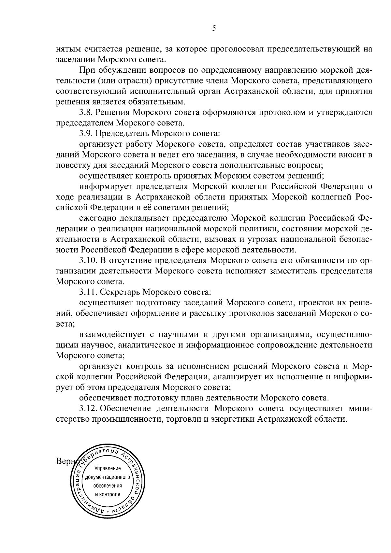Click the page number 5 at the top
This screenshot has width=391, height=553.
coord(214,28)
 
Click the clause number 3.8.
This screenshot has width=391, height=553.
coord(86,113)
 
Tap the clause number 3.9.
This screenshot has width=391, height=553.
coord(86,134)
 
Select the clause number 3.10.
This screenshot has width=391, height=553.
coord(88,260)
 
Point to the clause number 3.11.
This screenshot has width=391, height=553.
coord(88,292)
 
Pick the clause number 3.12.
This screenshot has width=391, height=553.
coord(88,408)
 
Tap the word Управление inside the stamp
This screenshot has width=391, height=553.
coord(108,469)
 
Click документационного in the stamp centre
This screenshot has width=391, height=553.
coord(108,477)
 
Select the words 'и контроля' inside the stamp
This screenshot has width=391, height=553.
coord(108,494)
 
